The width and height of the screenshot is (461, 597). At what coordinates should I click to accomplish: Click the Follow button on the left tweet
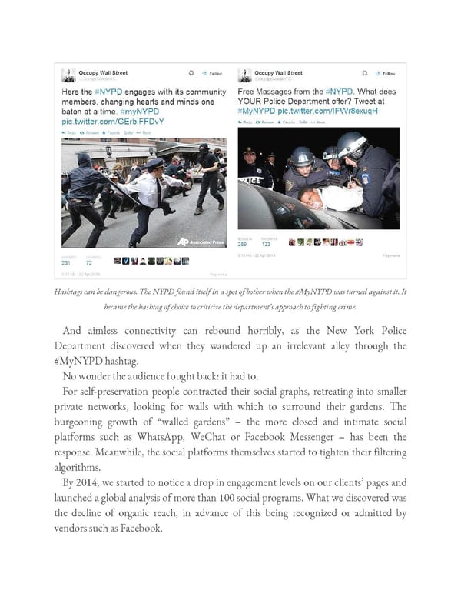pyautogui.click(x=211, y=74)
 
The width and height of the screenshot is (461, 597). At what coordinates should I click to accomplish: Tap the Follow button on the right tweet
pyautogui.click(x=386, y=74)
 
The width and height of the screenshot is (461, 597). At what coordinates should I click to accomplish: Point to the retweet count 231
pyautogui.click(x=67, y=262)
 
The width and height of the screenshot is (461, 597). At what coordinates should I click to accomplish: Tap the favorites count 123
pyautogui.click(x=265, y=245)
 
